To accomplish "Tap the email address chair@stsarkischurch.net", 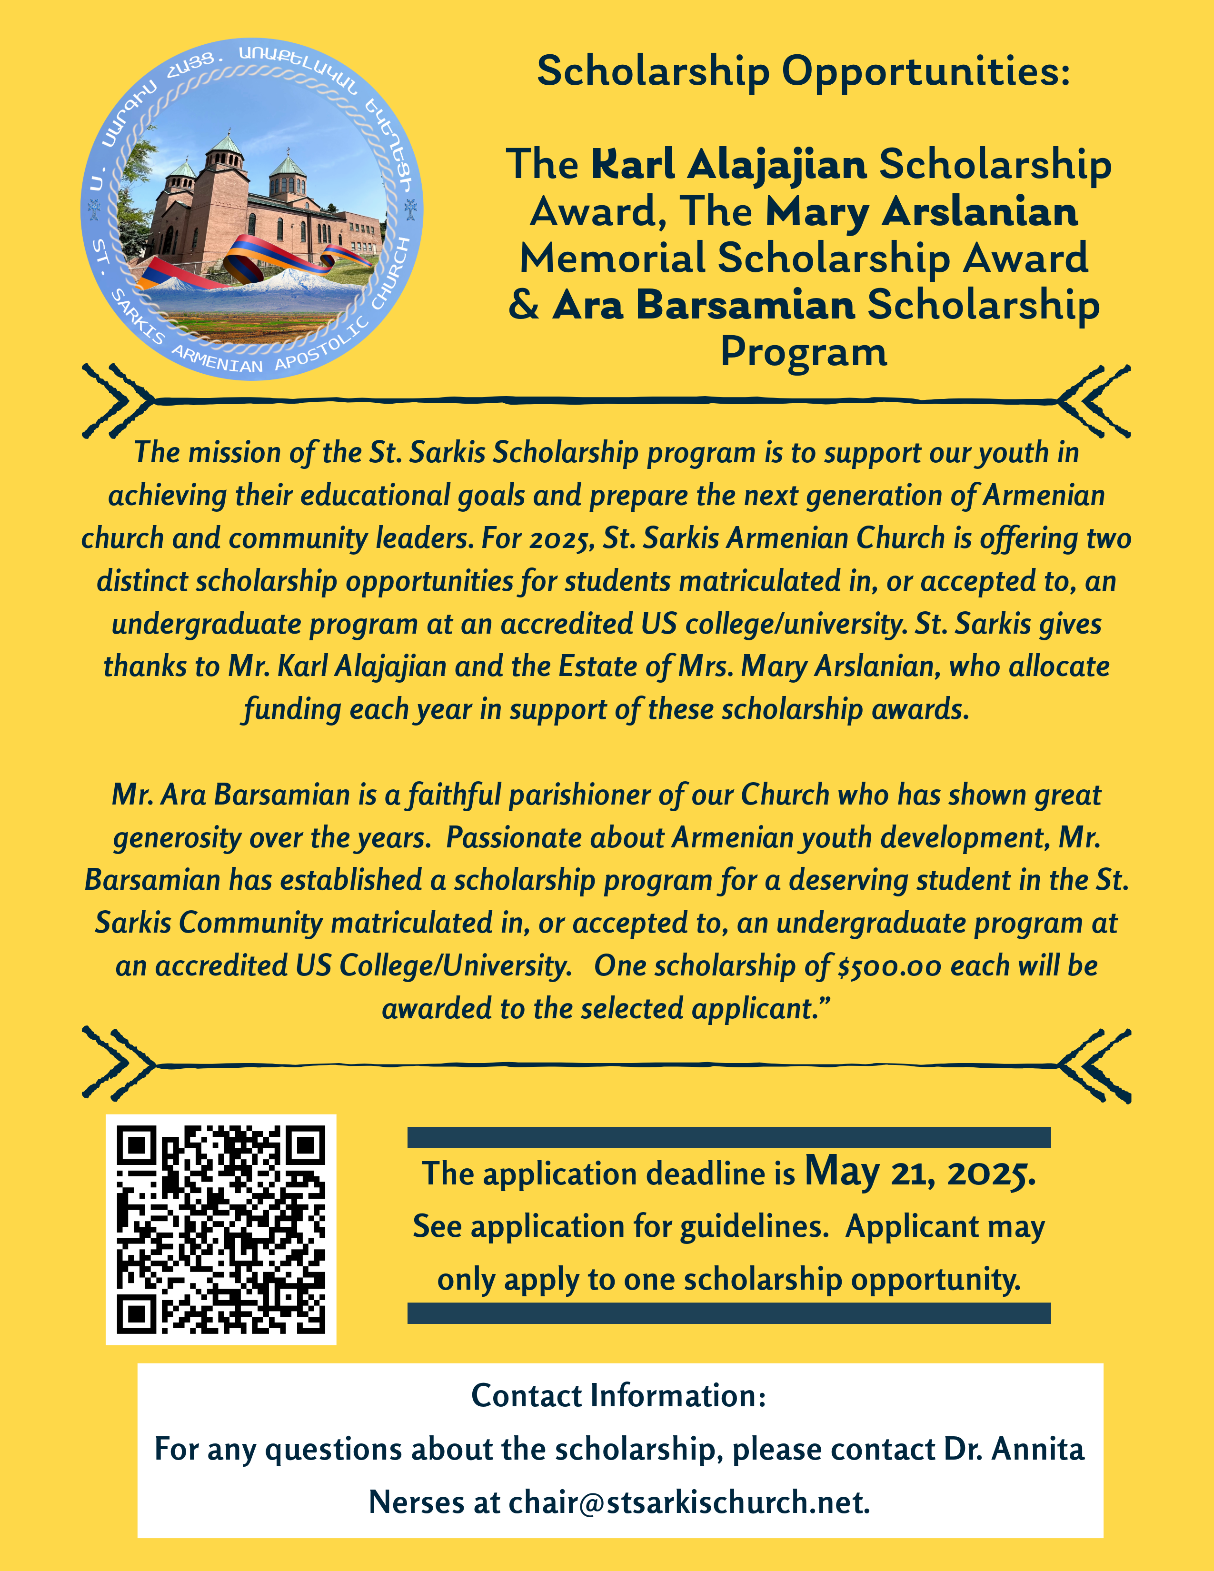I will pyautogui.click(x=689, y=1502).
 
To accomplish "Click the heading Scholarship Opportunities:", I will pyautogui.click(x=803, y=71).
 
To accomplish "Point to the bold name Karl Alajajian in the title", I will pyautogui.click(x=728, y=165).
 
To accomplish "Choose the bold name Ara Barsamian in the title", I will pyautogui.click(x=703, y=305).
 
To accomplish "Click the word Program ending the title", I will pyautogui.click(x=803, y=352).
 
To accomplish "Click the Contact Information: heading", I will pyautogui.click(x=618, y=1395).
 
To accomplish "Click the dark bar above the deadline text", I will pyautogui.click(x=728, y=1137).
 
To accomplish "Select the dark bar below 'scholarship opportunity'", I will pyautogui.click(x=728, y=1313).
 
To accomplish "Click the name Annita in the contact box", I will pyautogui.click(x=1037, y=1449).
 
